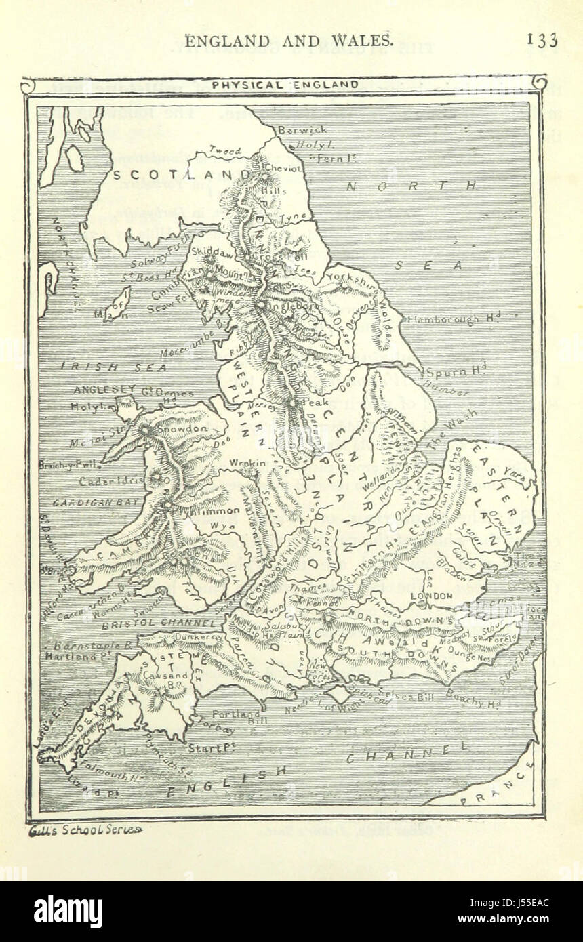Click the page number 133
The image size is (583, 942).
pyautogui.click(x=542, y=40)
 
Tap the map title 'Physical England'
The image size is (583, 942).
pyautogui.click(x=285, y=85)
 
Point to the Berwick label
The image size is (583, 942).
pyautogui.click(x=302, y=129)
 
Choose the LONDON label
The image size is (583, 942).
pyautogui.click(x=432, y=595)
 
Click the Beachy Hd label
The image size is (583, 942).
pyautogui.click(x=474, y=699)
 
